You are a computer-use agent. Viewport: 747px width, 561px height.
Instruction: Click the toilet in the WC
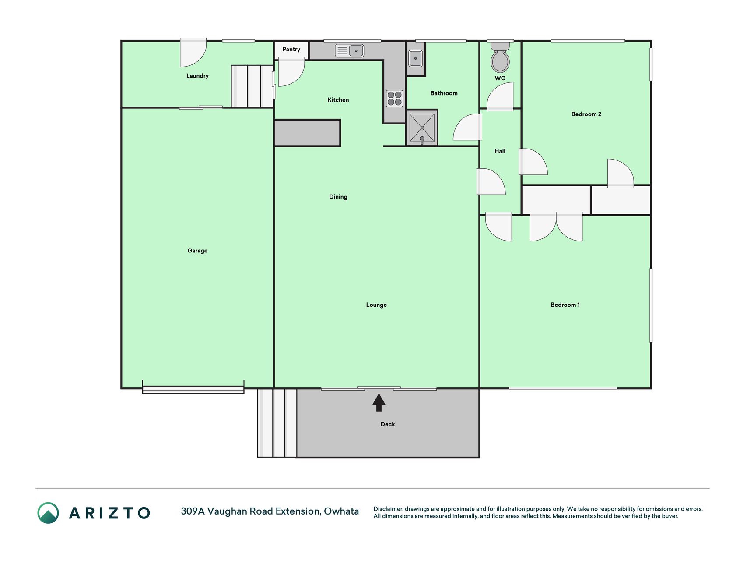click(x=500, y=57)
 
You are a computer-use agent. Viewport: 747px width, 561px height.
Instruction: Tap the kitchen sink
click(x=349, y=51)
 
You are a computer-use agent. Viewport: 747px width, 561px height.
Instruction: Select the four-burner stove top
click(x=394, y=98)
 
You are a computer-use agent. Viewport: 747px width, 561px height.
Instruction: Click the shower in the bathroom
click(x=422, y=128)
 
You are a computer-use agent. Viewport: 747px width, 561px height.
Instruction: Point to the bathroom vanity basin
click(x=415, y=58)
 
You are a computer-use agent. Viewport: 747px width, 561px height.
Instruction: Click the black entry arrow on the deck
click(x=379, y=402)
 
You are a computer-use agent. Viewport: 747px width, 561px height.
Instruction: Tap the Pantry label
click(x=291, y=49)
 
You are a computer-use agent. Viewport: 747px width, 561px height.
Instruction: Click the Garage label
click(x=197, y=251)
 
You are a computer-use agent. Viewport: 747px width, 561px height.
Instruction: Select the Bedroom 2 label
click(x=586, y=114)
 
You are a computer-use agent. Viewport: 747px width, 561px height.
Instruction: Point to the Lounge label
click(x=376, y=305)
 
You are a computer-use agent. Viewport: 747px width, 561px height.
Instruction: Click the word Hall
click(x=500, y=151)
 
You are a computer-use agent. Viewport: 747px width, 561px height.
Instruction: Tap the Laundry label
click(x=197, y=76)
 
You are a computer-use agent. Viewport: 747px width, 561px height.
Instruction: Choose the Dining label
click(x=338, y=197)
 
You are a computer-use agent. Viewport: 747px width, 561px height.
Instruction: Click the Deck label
click(x=388, y=424)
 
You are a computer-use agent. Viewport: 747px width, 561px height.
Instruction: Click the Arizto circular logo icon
click(x=48, y=513)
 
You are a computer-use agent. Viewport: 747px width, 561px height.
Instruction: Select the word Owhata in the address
click(x=341, y=511)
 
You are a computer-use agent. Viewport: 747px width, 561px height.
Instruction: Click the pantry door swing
click(x=291, y=73)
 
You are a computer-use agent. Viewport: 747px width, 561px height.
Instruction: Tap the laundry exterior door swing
click(x=193, y=53)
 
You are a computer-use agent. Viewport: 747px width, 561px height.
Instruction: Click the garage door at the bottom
click(x=193, y=389)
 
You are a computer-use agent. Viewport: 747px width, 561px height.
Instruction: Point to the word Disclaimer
click(x=388, y=509)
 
